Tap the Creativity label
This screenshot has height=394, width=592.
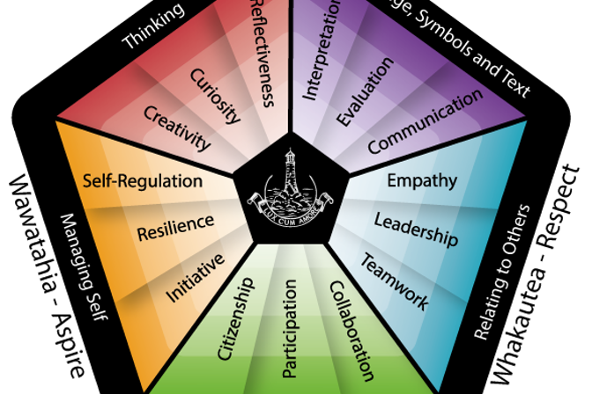(x=178, y=128)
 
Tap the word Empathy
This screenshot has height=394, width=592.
(x=422, y=181)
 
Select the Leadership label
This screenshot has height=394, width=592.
(x=416, y=229)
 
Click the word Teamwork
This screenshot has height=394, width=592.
(x=394, y=281)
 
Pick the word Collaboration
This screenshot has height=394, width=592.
(x=345, y=330)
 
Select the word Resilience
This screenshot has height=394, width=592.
(x=175, y=227)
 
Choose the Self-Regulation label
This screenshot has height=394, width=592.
(x=143, y=181)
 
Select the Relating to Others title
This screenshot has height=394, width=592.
(x=504, y=272)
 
